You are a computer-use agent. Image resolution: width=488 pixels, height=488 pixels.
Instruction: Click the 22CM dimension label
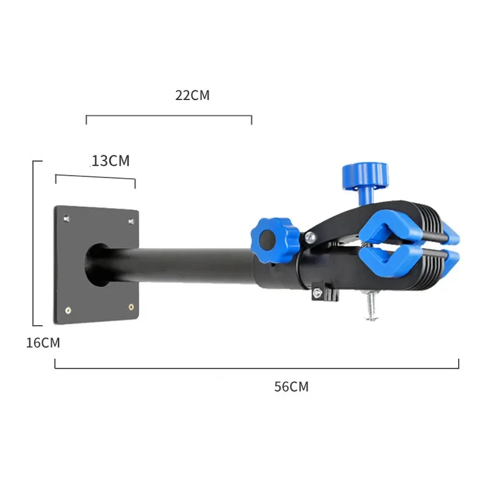(192, 95)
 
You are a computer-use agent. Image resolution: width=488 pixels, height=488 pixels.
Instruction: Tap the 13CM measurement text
(110, 161)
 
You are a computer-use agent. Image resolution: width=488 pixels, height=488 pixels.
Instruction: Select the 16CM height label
(43, 343)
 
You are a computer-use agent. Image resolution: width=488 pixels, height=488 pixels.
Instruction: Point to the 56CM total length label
(291, 387)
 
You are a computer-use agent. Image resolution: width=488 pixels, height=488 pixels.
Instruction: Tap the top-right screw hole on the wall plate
(132, 220)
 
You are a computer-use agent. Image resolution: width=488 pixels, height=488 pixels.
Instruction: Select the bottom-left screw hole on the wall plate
(68, 310)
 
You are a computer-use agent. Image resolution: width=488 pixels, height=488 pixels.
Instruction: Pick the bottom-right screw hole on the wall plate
(131, 307)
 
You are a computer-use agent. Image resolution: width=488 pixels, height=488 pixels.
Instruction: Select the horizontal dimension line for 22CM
(169, 115)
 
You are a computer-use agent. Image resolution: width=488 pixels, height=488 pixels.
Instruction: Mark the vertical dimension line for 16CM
(33, 244)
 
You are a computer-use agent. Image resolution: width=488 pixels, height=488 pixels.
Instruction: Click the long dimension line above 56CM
(256, 368)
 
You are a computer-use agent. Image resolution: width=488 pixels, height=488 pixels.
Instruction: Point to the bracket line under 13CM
(95, 178)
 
